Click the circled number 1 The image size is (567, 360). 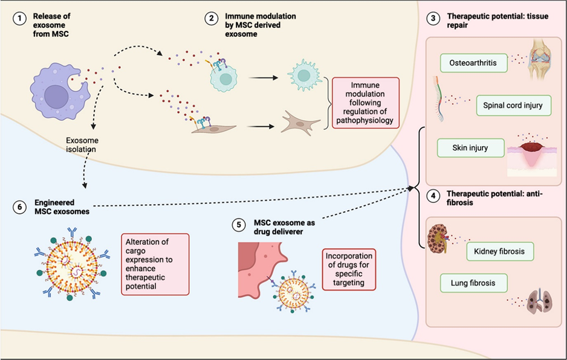point(21,19)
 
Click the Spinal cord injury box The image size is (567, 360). point(513,106)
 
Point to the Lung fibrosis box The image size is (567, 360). point(473,282)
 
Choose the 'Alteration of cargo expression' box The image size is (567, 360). point(155,263)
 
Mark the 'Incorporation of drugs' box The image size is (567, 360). point(349,269)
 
